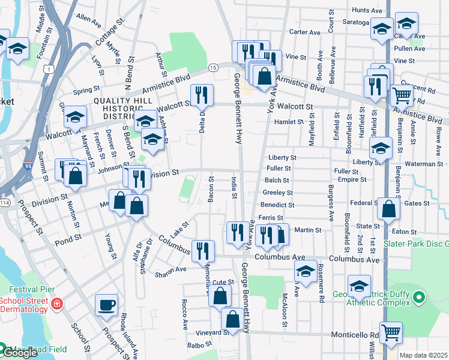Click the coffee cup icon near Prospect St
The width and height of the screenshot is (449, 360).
(107, 304)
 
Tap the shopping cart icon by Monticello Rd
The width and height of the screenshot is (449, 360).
(391, 331)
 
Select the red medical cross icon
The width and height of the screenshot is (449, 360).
(57, 305)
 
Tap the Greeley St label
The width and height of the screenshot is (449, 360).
(277, 193)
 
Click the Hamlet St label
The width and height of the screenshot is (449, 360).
(289, 121)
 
